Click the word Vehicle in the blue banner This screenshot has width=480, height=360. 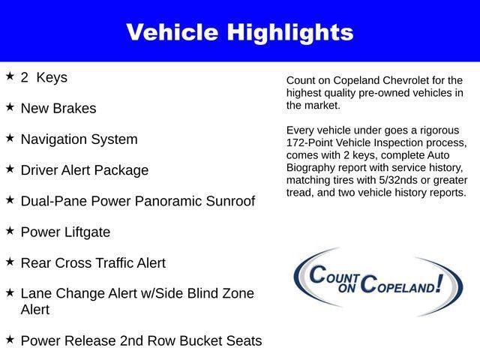(x=175, y=32)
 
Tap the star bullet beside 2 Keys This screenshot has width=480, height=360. (x=10, y=76)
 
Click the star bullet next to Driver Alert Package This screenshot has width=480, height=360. (x=10, y=169)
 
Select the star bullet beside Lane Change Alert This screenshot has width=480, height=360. (x=10, y=292)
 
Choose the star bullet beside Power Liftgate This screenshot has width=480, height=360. (x=10, y=231)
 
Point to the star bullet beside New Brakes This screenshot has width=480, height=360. (x=10, y=106)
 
